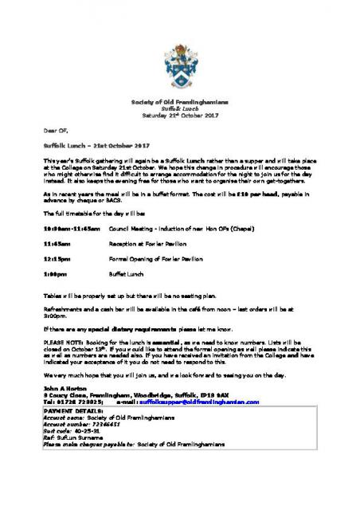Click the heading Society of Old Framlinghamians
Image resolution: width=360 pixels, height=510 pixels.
(179, 104)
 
